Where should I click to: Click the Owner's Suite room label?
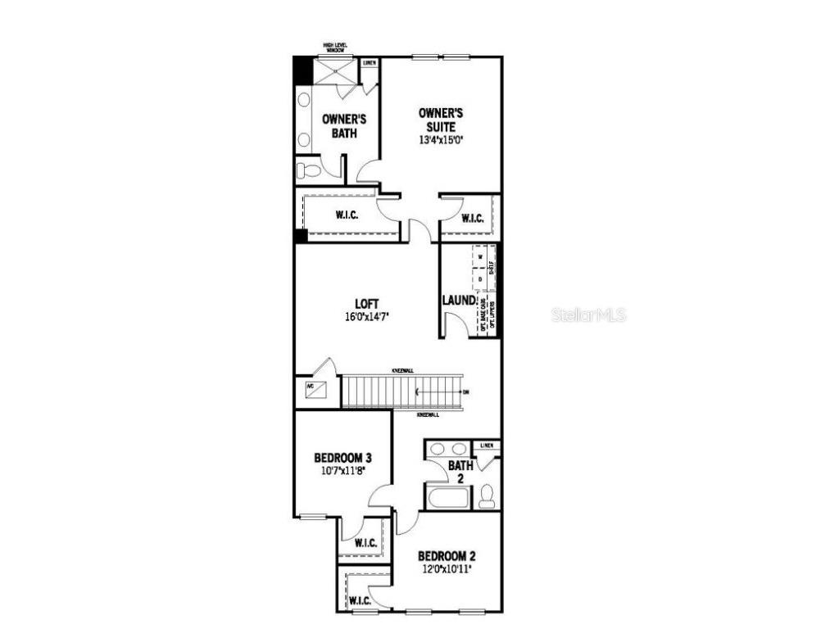pos(440,120)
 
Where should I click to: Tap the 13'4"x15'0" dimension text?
pos(440,139)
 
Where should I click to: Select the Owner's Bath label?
pos(344,126)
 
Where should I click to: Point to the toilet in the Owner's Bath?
pos(310,170)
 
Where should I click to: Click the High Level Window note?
pos(336,49)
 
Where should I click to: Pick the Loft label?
pos(366,304)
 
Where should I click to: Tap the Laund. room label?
pos(459,301)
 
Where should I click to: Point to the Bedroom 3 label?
pos(343,458)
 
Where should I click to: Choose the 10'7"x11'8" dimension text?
pos(343,471)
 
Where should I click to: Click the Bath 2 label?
pos(460,471)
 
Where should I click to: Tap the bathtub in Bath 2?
pos(447,498)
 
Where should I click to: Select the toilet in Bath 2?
pos(487,496)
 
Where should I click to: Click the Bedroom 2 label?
pos(447,555)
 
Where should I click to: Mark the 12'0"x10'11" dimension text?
pos(447,568)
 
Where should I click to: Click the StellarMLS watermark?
pos(588,314)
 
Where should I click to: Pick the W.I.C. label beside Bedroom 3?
pos(365,543)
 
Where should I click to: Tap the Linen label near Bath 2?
pos(488,446)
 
